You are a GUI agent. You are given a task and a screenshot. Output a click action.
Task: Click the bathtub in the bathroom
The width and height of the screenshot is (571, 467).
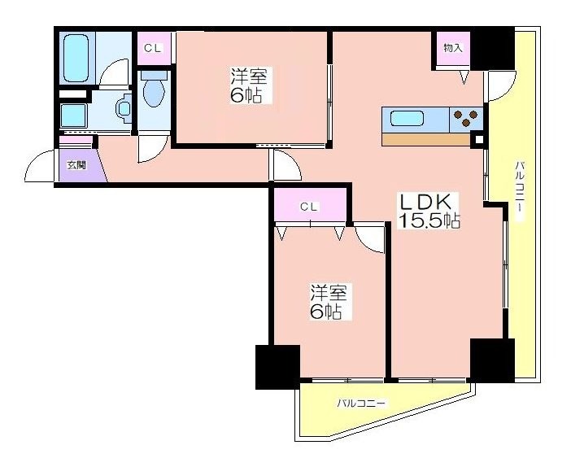tap(76, 59)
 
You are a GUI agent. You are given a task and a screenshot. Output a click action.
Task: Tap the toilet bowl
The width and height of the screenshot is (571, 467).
tap(154, 90)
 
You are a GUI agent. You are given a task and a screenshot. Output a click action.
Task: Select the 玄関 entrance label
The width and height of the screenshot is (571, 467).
tap(76, 165)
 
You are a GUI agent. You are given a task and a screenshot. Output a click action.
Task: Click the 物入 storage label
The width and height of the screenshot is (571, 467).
tap(453, 48)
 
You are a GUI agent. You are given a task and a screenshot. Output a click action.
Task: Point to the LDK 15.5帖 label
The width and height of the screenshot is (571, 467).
tap(429, 211)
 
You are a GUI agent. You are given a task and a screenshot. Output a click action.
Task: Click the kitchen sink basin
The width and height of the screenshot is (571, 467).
tap(408, 119)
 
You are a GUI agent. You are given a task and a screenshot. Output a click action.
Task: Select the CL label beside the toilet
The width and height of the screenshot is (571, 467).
tap(153, 48)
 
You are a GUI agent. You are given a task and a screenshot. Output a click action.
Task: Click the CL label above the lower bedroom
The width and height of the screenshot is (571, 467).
tap(309, 207)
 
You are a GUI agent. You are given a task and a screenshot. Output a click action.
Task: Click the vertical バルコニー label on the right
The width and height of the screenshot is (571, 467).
tap(520, 191)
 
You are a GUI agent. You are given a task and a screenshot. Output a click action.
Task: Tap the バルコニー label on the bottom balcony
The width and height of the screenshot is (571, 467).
tap(360, 404)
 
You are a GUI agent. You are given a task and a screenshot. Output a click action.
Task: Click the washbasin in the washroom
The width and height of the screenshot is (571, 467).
tap(124, 108)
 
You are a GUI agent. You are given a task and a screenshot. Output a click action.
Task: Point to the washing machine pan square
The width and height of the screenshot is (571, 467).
tap(73, 116)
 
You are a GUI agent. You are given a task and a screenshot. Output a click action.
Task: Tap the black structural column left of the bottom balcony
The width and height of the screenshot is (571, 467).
tap(278, 367)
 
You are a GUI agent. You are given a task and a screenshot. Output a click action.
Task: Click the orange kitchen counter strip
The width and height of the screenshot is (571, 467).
tap(425, 140)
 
